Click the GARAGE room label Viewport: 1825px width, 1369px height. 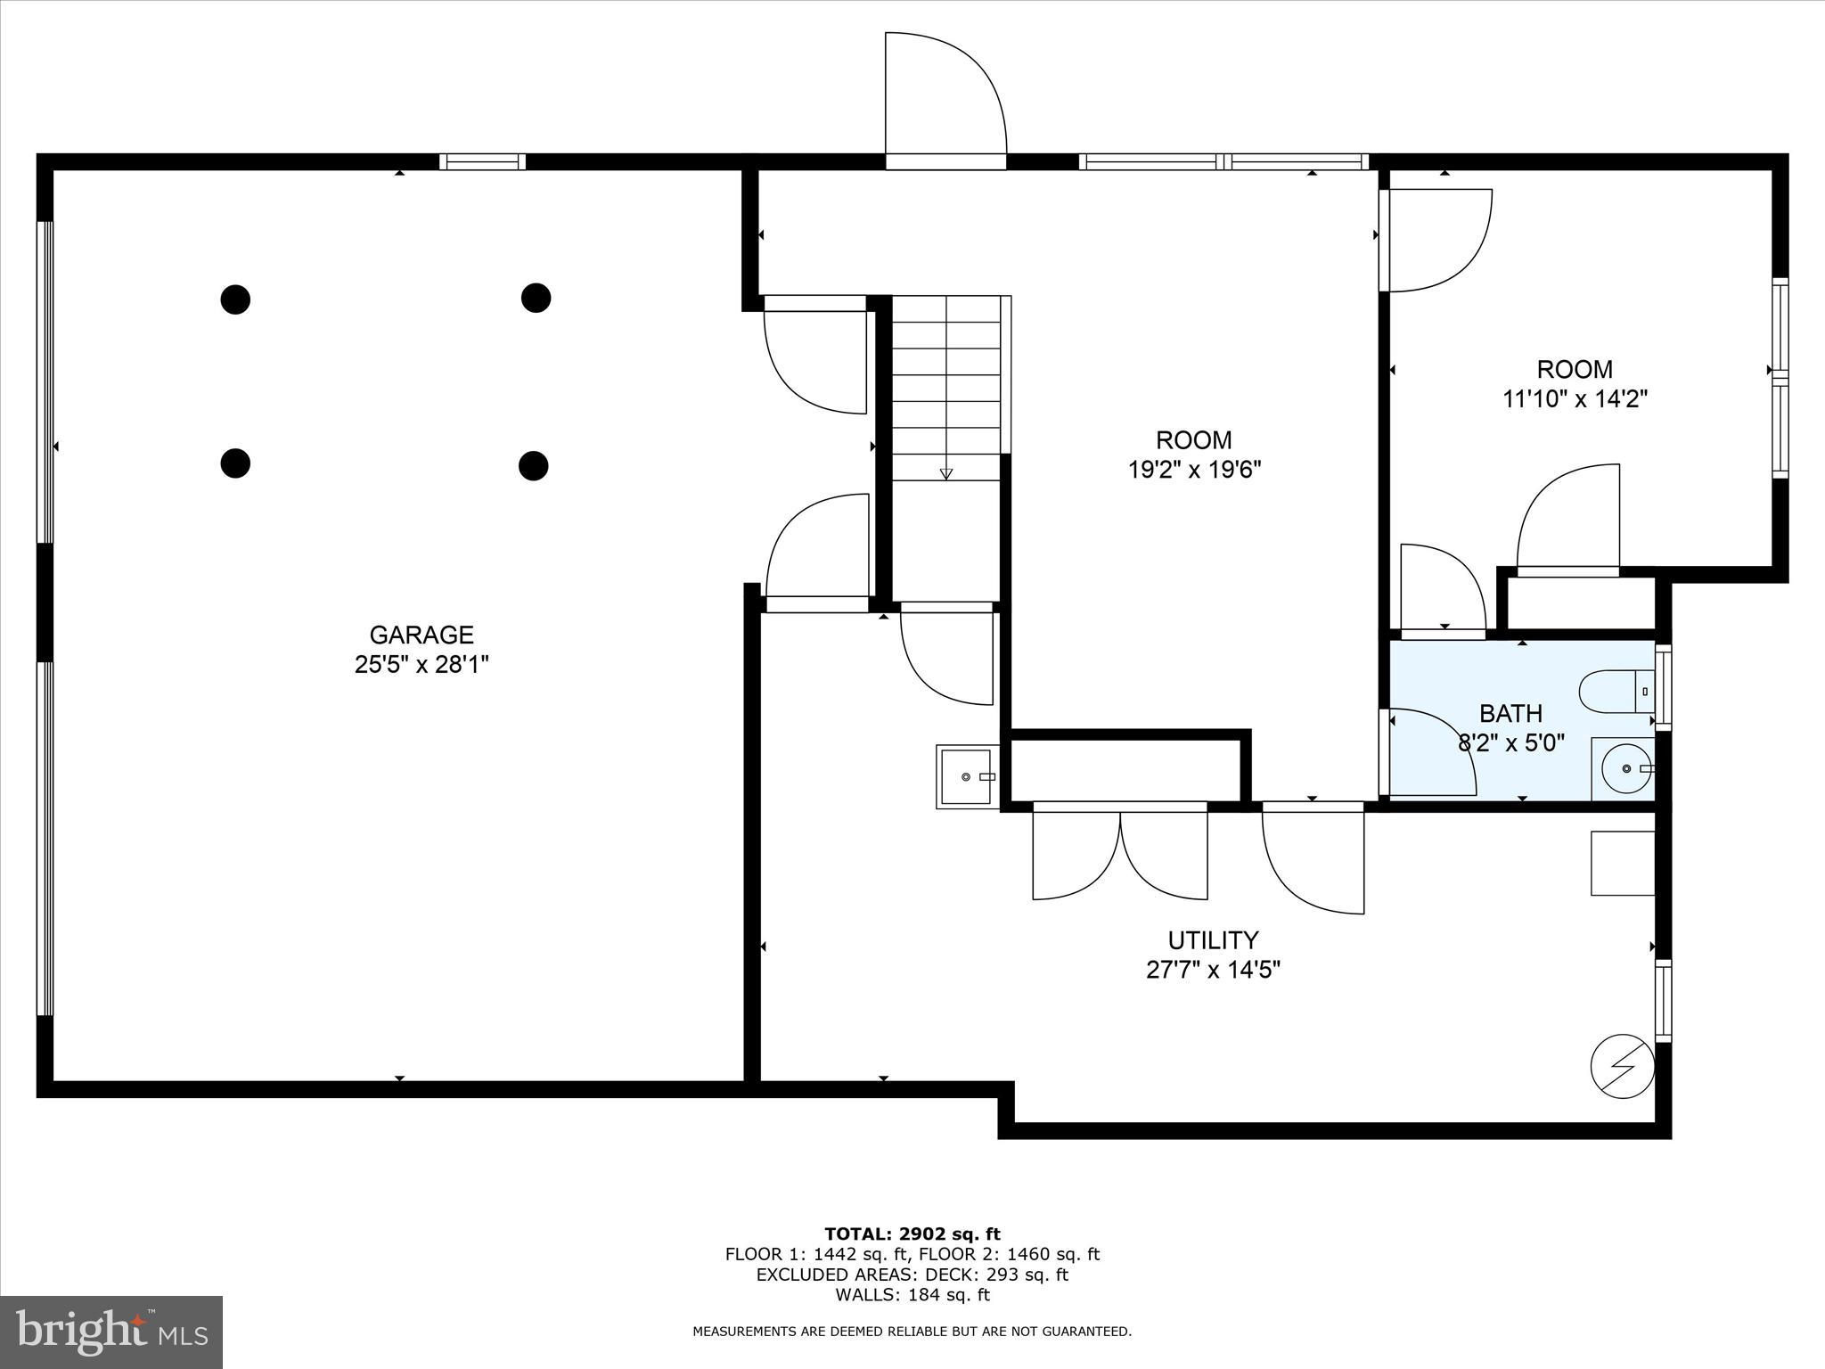(421, 635)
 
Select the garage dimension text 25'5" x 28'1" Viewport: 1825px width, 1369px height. (421, 665)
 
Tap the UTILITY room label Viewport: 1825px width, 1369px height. (1213, 940)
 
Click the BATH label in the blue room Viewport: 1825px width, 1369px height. (1510, 713)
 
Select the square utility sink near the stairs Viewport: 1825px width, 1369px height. (967, 777)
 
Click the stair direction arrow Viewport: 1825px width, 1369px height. (945, 473)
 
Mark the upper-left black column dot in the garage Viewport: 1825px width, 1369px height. (235, 299)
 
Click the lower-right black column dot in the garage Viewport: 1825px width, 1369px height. (533, 465)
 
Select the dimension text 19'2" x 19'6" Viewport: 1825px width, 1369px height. (1194, 470)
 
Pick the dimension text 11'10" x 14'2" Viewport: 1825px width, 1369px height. (1575, 398)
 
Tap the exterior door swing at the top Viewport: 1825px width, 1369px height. (945, 98)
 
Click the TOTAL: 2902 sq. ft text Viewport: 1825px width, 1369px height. (912, 1234)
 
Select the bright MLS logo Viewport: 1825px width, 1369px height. (111, 1332)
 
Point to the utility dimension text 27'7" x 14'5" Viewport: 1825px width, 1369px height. (1213, 970)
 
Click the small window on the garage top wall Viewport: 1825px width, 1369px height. (482, 161)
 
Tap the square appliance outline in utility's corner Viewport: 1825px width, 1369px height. (1622, 863)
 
